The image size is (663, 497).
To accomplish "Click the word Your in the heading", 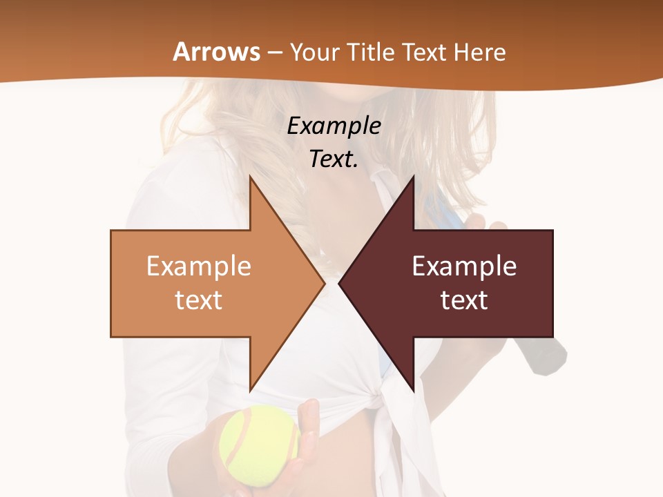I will point(315,52).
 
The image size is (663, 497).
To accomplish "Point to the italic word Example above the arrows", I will point(334,126).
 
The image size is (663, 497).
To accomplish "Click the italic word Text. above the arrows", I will point(334,159).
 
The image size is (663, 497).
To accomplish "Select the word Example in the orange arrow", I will point(199,266).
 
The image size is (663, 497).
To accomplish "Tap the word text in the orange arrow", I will point(199,300).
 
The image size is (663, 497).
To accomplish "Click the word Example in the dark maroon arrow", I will point(464,266).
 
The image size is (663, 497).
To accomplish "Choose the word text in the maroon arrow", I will point(464,300).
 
